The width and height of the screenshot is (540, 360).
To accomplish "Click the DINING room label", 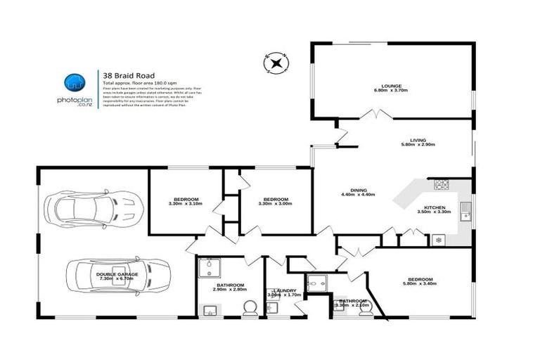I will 359,190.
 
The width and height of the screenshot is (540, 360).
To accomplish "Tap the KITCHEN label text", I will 433,207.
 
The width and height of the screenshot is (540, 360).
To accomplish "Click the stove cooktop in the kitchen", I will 442,185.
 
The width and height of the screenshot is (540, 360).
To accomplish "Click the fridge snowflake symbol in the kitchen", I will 438,240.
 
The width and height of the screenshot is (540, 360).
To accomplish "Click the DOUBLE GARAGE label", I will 117,274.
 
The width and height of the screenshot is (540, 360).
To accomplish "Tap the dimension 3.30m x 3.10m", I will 185,204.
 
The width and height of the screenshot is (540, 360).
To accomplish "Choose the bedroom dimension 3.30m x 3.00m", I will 276,204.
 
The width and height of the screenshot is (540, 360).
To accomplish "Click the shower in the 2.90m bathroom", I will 209,268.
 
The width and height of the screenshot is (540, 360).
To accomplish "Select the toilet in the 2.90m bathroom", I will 247,308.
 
